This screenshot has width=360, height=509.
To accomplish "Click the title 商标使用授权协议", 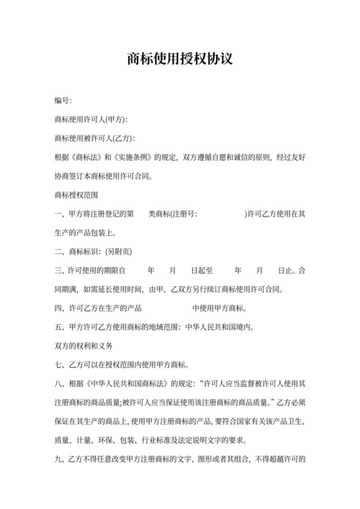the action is coord(179,59).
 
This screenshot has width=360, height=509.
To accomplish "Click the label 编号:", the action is coord(63,101).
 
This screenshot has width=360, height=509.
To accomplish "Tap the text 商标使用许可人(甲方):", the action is coord(91,120).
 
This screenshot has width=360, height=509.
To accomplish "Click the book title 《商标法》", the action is coord(87,157).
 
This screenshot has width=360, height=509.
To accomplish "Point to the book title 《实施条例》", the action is coord(133,157).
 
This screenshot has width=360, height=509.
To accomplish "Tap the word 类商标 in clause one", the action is coord(159,213).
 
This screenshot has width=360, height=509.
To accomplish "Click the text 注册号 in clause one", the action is coord(184,213).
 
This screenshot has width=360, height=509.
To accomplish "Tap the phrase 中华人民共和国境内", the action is coord(219,326).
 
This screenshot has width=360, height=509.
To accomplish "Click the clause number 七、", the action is coord(62,366).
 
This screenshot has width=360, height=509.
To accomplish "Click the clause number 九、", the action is coord(62,460).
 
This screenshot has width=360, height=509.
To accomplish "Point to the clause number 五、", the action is coord(62,326).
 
